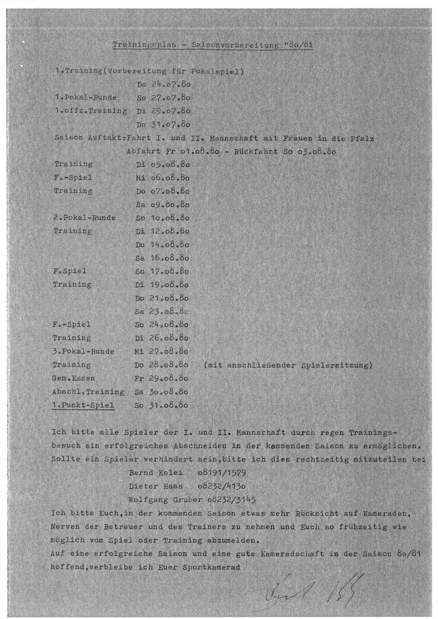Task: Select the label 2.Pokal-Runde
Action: (84, 218)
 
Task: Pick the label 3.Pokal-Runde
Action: (84, 351)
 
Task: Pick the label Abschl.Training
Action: (89, 392)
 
